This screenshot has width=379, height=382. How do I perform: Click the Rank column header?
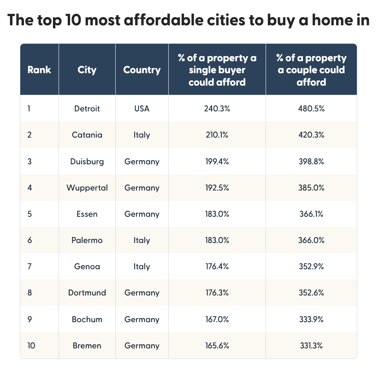(x=39, y=70)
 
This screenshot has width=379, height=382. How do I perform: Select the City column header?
(x=87, y=70)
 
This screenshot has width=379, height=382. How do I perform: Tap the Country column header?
(x=142, y=70)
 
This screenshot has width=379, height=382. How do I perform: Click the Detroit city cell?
(x=87, y=109)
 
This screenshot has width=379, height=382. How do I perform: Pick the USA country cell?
(x=142, y=109)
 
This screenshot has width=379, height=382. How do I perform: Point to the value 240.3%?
(x=217, y=109)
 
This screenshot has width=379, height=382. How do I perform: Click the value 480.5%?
(x=311, y=109)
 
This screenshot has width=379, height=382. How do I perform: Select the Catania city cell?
(x=87, y=135)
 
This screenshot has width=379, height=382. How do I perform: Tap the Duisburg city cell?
(x=87, y=162)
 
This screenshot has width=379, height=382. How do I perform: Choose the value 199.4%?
(x=217, y=162)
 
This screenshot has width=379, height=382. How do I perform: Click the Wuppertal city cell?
(x=87, y=188)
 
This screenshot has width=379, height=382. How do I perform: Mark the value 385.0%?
(x=311, y=188)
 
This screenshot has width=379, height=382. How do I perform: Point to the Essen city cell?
(x=87, y=214)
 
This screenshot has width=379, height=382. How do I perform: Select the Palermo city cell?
(x=87, y=240)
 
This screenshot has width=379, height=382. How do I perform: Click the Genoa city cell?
(x=87, y=266)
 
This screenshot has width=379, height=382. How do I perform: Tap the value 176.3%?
(x=217, y=293)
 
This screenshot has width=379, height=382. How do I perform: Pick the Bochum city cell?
(x=87, y=319)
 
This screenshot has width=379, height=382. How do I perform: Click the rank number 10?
(x=31, y=346)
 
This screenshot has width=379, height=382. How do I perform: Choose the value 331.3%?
(x=311, y=346)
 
